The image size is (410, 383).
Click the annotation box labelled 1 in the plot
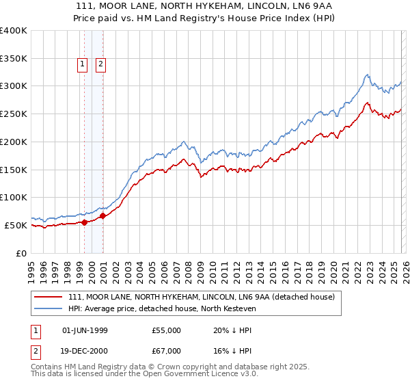pos(82,65)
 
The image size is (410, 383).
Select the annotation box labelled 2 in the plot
pos(100,65)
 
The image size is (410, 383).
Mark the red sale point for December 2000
pos(103,215)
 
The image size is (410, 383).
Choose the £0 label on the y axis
pos(20,253)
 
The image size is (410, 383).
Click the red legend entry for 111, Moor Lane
pos(201,298)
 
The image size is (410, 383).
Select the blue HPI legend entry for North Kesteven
pos(161,308)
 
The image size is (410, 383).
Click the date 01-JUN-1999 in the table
pos(85,330)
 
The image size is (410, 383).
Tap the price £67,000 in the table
pos(166,351)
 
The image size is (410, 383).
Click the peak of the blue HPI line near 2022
pos(367,75)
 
